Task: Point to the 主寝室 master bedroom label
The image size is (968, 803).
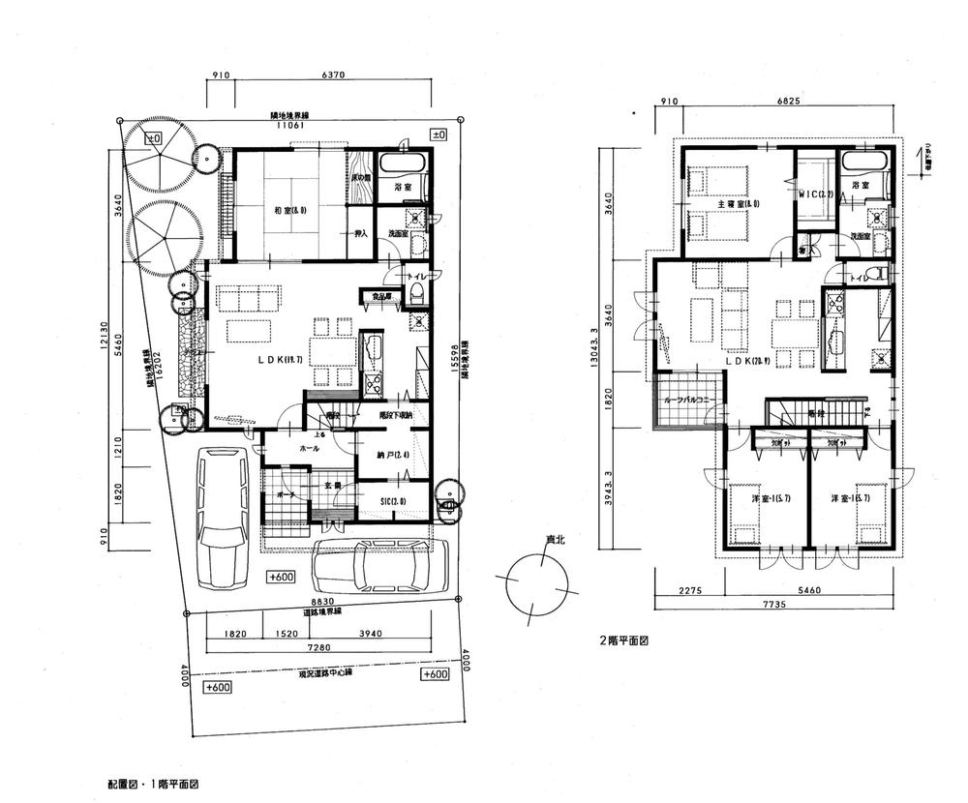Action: click(732, 203)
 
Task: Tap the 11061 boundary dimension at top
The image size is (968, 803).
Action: click(287, 125)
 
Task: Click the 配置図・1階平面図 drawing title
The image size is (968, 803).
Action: click(160, 780)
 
